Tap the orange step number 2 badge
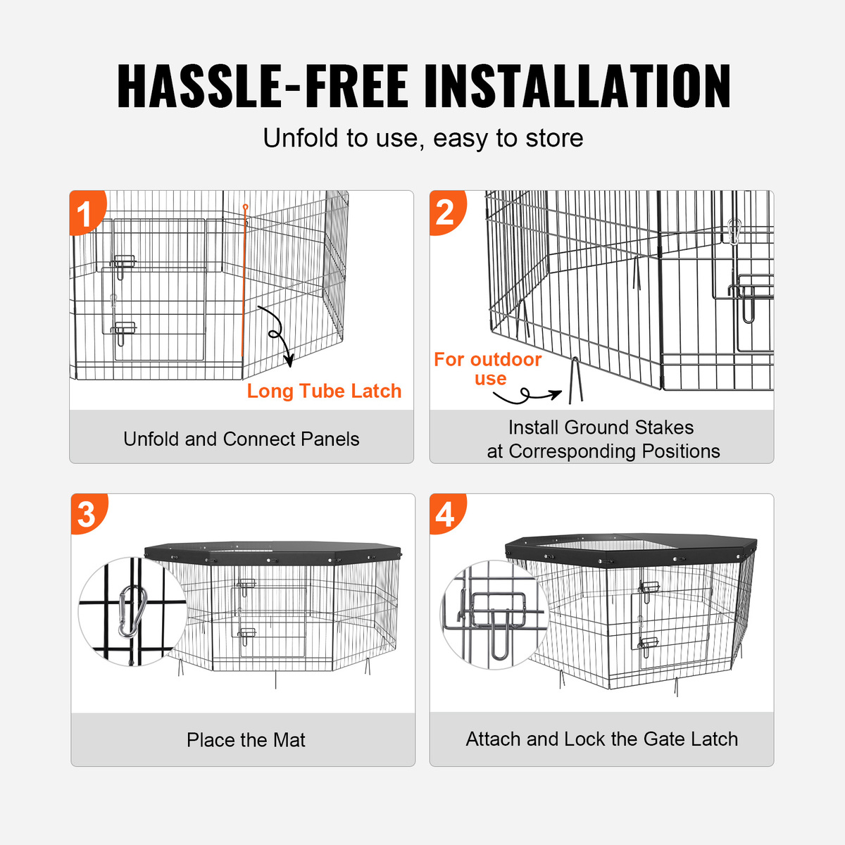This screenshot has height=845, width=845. pyautogui.click(x=446, y=213)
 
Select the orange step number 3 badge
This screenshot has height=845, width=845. pyautogui.click(x=88, y=514)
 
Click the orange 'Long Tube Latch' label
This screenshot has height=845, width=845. pyautogui.click(x=324, y=391)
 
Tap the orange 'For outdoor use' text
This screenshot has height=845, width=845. pyautogui.click(x=488, y=369)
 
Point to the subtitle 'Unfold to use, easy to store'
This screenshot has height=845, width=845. pyautogui.click(x=423, y=138)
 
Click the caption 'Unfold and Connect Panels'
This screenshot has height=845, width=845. pyautogui.click(x=242, y=439)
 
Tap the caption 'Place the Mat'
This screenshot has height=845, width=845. pyautogui.click(x=246, y=740)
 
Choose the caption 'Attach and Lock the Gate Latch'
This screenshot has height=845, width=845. pyautogui.click(x=601, y=739)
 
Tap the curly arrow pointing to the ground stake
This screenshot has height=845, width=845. pyautogui.click(x=526, y=396)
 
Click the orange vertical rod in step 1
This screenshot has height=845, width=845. pyautogui.click(x=244, y=281)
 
